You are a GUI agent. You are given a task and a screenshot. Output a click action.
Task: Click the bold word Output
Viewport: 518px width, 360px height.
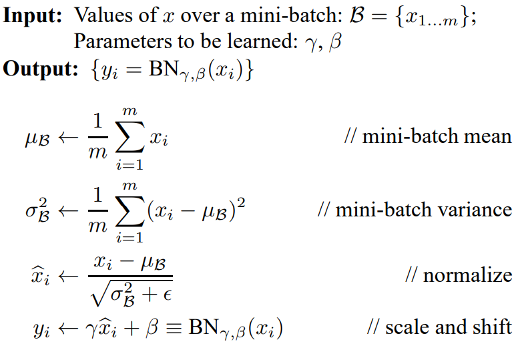pyautogui.click(x=40, y=69)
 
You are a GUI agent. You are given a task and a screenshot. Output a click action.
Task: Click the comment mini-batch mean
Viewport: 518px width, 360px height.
pyautogui.click(x=427, y=137)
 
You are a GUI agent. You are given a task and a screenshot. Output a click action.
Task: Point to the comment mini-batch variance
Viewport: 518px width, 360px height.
pyautogui.click(x=415, y=209)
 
